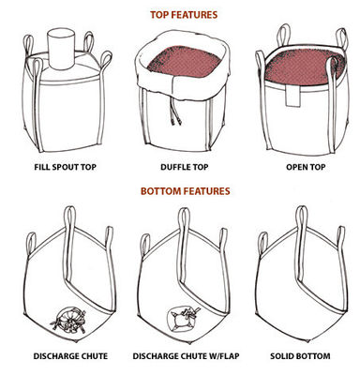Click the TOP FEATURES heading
click(x=184, y=15)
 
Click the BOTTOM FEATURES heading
click(x=185, y=191)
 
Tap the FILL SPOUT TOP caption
click(x=65, y=167)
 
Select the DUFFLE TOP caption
click(x=184, y=167)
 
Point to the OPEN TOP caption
click(x=306, y=167)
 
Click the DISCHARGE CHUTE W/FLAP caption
click(x=186, y=356)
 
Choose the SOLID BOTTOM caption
click(x=300, y=356)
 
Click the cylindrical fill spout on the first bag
click(x=61, y=49)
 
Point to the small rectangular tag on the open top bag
click(x=292, y=96)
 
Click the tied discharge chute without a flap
click(x=68, y=320)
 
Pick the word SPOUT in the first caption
click(x=66, y=167)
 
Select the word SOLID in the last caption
click(x=281, y=356)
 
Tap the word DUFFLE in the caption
click(x=175, y=167)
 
